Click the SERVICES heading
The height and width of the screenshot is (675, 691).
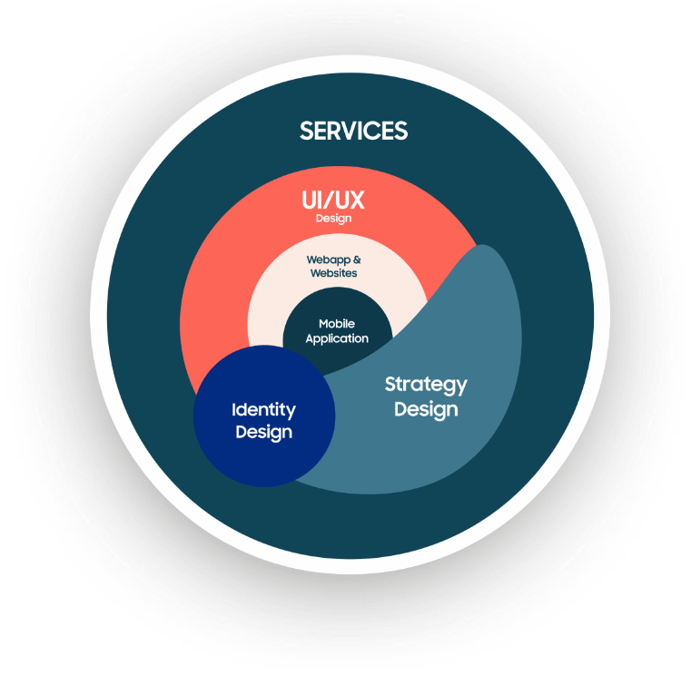tap(353, 131)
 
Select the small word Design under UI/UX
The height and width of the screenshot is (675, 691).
tap(333, 219)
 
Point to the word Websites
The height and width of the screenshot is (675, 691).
tap(333, 273)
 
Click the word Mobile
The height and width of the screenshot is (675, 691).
tap(337, 324)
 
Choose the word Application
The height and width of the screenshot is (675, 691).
tap(337, 338)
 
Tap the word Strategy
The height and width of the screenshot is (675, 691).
tap(426, 384)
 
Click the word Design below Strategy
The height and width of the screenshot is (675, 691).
tap(426, 409)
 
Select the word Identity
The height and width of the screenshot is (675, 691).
tap(263, 410)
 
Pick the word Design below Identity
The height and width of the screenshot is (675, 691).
tap(263, 432)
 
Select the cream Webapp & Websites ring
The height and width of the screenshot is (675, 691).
tap(272, 299)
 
